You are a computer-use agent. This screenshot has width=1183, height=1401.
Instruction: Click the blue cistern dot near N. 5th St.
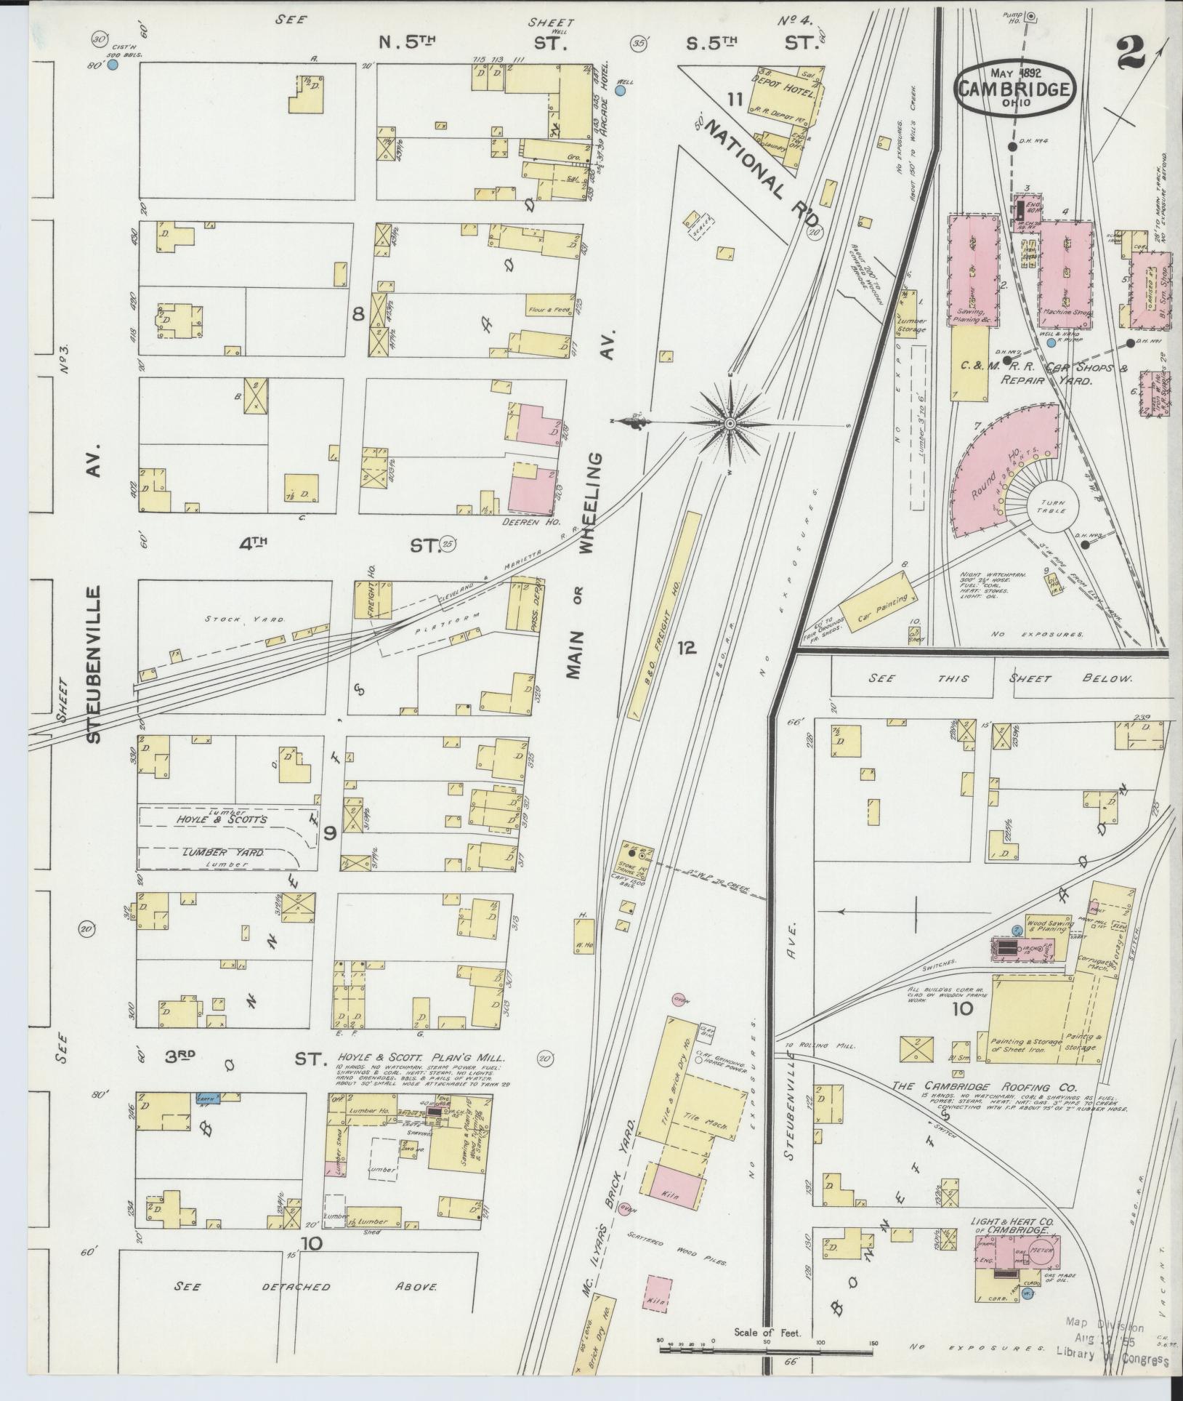click(113, 65)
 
